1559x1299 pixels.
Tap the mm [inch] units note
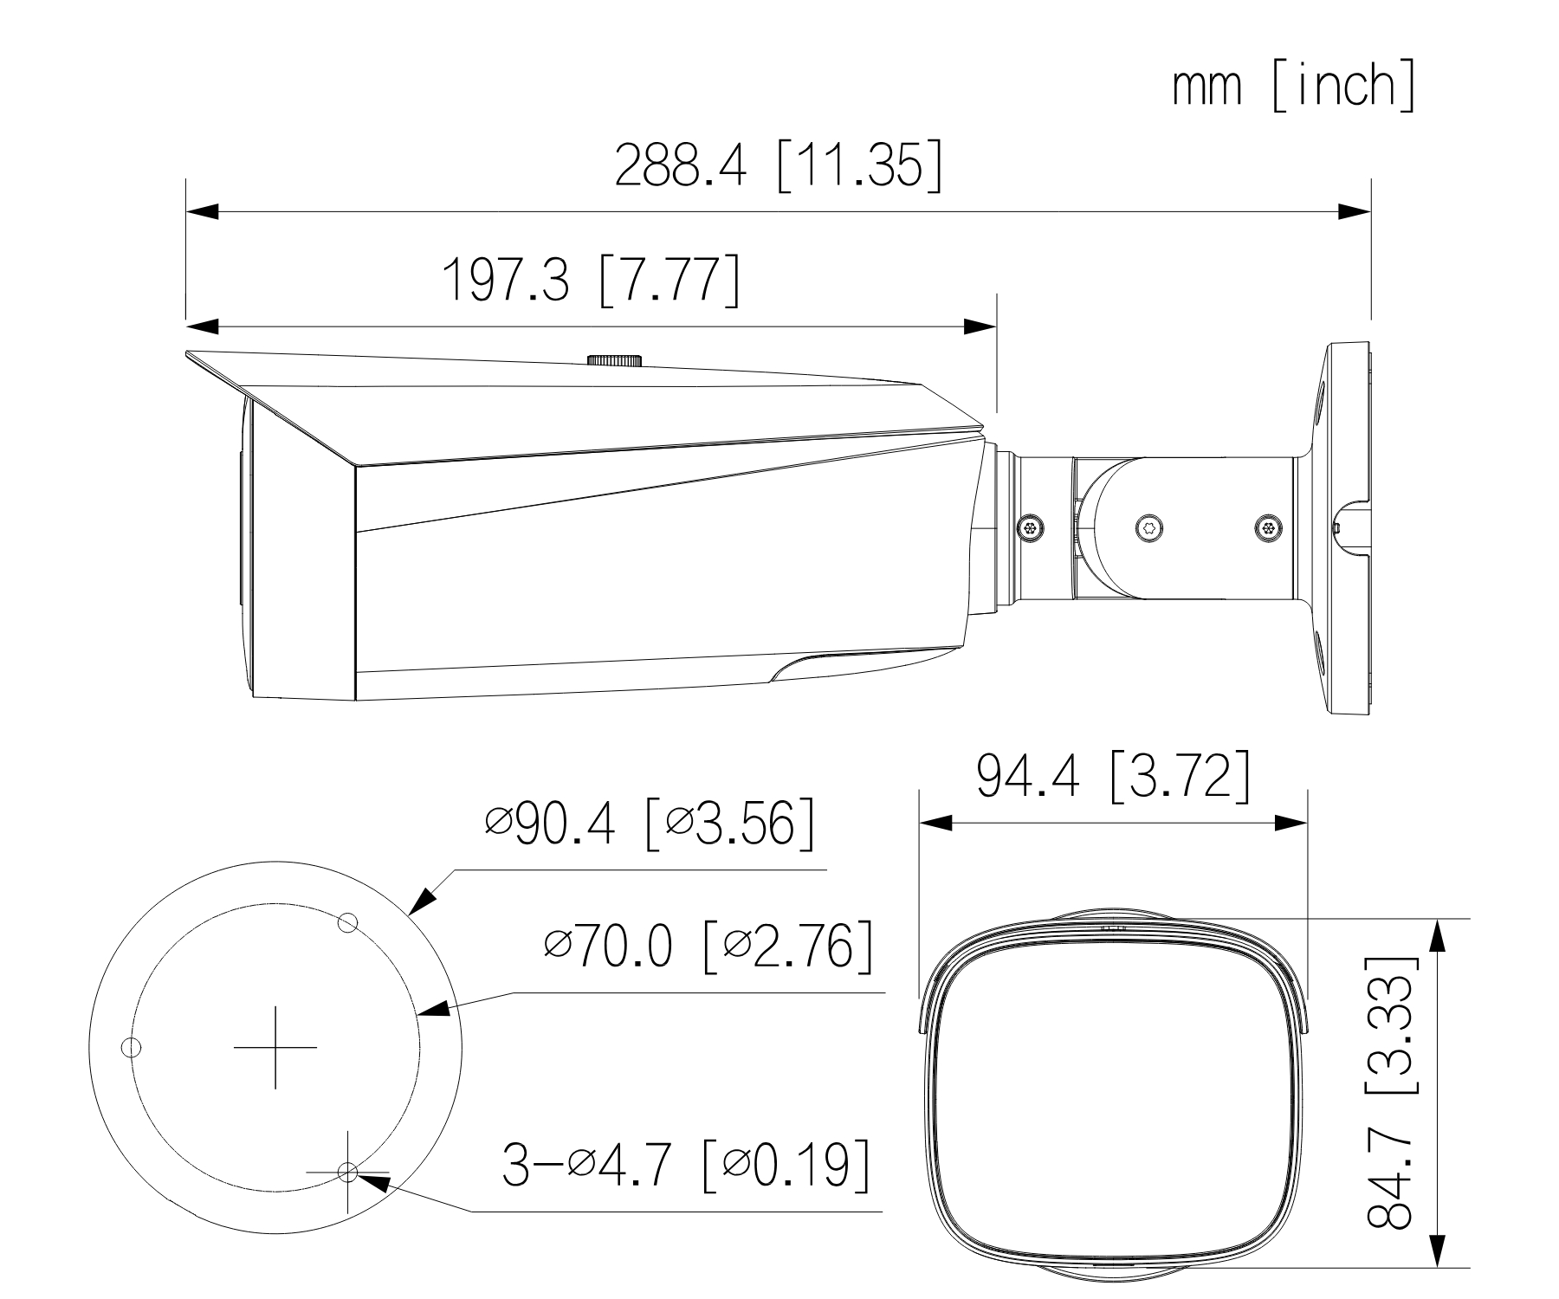[x=1294, y=85]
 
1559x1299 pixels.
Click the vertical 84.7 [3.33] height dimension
[x=1392, y=1093]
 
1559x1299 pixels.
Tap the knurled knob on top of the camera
[x=614, y=359]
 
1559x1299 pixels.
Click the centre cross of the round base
[x=275, y=1047]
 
